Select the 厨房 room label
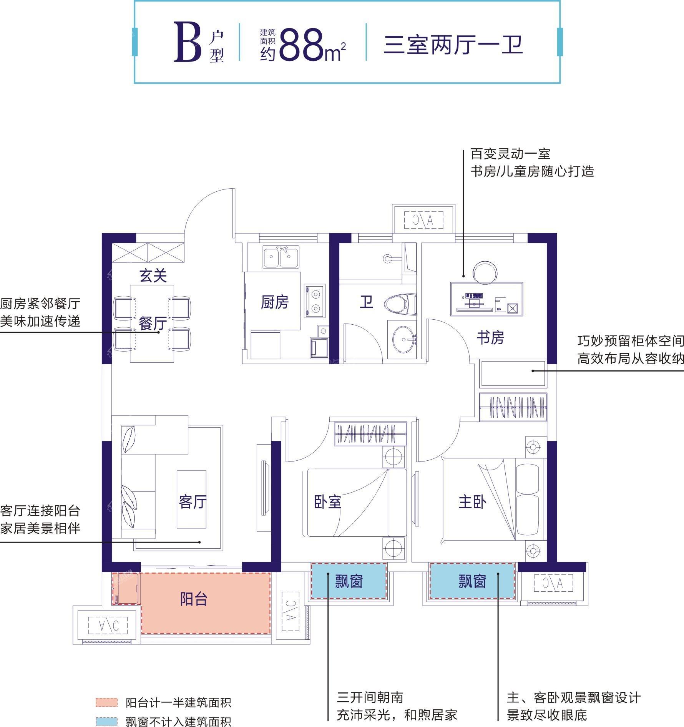pos(274,302)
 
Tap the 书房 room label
pos(490,338)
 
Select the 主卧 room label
pos(472,502)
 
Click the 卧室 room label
pos(327,502)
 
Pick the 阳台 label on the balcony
pos(194,599)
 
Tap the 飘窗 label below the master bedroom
pos(472,581)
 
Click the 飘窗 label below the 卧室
pos(349,581)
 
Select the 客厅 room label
pos(193,502)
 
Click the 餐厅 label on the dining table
pos(153,324)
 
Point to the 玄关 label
pos(153,276)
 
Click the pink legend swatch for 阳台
pos(106,702)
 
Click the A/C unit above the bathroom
pos(423,220)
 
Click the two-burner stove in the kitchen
pos(315,301)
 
